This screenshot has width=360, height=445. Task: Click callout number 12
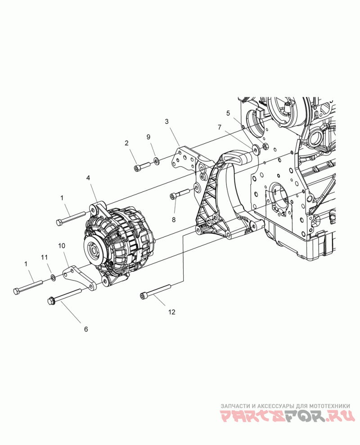coord(171,312)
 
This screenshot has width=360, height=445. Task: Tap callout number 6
coord(86,329)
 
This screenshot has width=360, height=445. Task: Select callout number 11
coord(44,257)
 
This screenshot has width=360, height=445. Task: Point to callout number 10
coord(62,245)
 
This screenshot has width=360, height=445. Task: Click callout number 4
coord(88,177)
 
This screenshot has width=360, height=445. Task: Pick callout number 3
coord(166,122)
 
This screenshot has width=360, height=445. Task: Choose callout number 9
coord(148,137)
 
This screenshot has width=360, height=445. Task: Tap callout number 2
coord(126,143)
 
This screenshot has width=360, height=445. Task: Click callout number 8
coord(174,219)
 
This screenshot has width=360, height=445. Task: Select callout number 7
coord(220,127)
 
